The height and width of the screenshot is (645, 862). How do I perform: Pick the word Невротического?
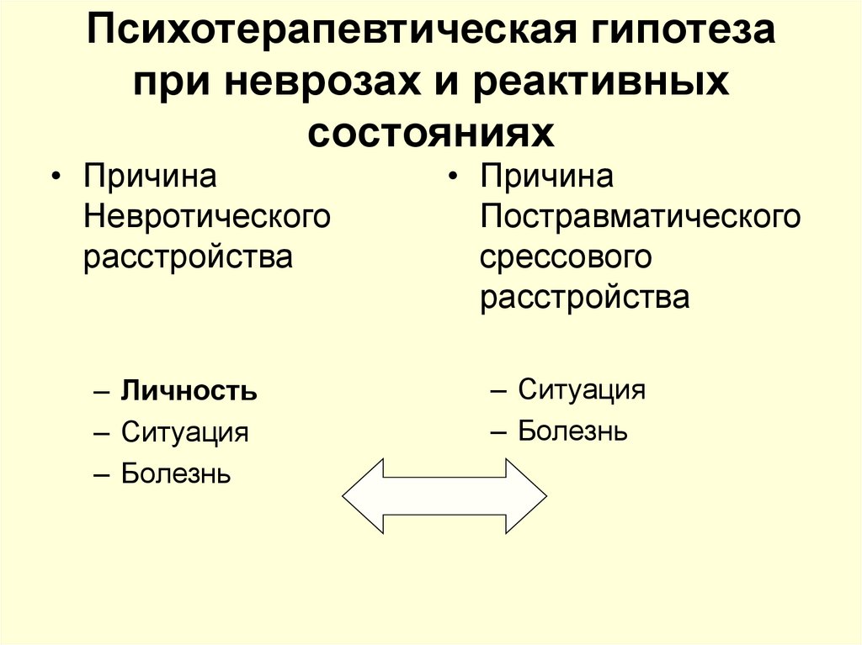[206, 217]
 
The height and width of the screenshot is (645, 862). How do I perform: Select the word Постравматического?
[640, 217]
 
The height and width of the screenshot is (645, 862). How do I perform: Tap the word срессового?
[566, 256]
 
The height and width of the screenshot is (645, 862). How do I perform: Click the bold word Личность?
[189, 392]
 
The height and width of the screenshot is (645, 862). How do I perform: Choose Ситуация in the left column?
[184, 433]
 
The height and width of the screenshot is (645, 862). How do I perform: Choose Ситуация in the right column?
[581, 389]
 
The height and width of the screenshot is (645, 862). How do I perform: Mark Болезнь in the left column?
[176, 473]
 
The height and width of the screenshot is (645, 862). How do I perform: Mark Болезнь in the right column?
[572, 431]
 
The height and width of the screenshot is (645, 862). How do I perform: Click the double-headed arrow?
[444, 495]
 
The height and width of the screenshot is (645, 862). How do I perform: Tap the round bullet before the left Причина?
[56, 179]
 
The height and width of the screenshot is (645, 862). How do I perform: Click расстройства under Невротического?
[188, 256]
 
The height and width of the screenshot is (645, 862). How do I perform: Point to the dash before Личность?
[101, 393]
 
